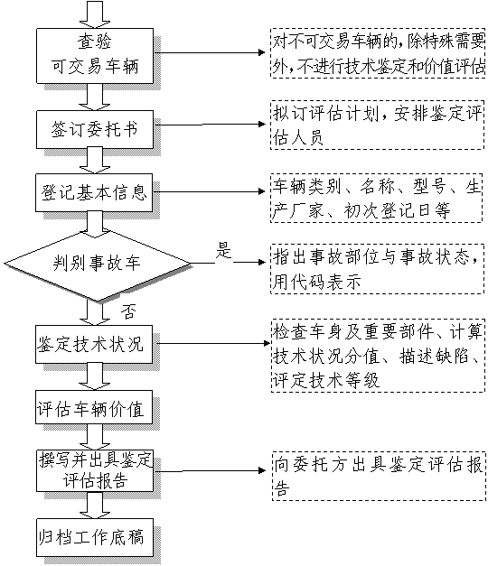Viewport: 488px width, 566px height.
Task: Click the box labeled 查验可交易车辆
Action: point(95,56)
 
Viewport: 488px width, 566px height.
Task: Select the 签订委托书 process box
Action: point(95,129)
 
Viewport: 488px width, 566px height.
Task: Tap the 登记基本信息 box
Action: point(94,192)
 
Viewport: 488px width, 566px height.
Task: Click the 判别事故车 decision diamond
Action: point(97,264)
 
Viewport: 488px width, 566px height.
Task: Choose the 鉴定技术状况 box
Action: point(94,344)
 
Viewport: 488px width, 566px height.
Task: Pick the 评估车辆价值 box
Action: point(94,407)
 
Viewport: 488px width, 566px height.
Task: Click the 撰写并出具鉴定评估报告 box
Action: point(95,470)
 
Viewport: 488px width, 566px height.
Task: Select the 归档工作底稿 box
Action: point(95,537)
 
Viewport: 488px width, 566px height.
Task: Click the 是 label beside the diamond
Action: point(223,250)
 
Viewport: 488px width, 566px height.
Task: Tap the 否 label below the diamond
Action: point(128,311)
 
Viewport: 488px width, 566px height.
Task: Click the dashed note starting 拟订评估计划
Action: point(377,125)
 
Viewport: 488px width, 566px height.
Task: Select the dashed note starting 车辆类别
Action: point(376,198)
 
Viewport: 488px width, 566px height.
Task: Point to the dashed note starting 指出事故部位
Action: point(377,269)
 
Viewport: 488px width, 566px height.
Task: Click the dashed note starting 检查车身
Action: point(378,356)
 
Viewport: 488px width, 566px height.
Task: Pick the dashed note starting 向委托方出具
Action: point(379,476)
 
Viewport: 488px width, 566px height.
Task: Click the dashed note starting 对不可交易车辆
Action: point(378,52)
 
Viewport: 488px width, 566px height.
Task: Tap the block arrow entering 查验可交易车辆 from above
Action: point(95,14)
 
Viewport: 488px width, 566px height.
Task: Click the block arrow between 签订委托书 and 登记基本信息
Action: point(95,161)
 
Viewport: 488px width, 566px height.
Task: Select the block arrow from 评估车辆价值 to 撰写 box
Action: point(95,437)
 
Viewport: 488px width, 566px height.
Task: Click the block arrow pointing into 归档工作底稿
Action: point(95,505)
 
